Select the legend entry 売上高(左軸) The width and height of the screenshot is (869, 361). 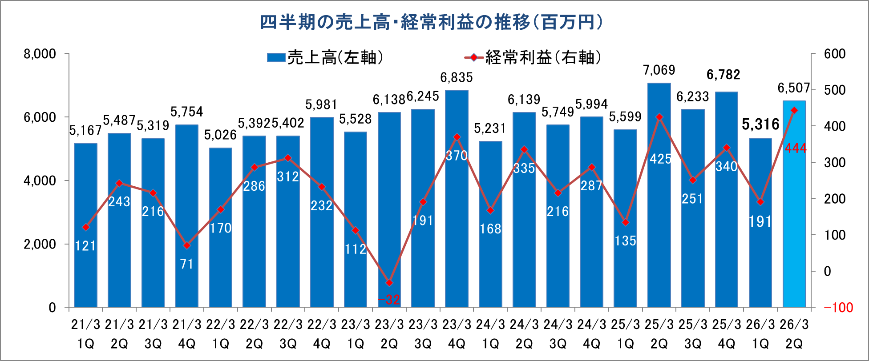coord(325,57)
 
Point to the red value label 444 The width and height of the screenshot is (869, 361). coord(796,148)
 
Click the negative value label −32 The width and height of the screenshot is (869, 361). coord(389,300)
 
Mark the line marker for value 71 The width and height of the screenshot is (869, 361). coord(187,245)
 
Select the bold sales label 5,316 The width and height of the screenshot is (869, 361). coord(760,124)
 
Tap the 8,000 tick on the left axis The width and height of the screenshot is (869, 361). coord(40,54)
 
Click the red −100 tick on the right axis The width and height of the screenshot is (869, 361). coord(838,308)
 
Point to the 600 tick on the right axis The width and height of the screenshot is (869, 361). coord(835,54)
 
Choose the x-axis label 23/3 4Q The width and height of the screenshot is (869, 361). coord(457,334)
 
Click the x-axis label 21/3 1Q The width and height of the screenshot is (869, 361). coord(85,334)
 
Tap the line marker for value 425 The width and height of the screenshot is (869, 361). coord(659,117)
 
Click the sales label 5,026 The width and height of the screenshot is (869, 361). coord(221,135)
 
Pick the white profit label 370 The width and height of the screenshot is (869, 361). coord(457,156)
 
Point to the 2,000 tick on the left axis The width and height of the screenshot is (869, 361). coord(40,244)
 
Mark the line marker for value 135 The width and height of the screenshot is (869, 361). coord(626,222)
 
